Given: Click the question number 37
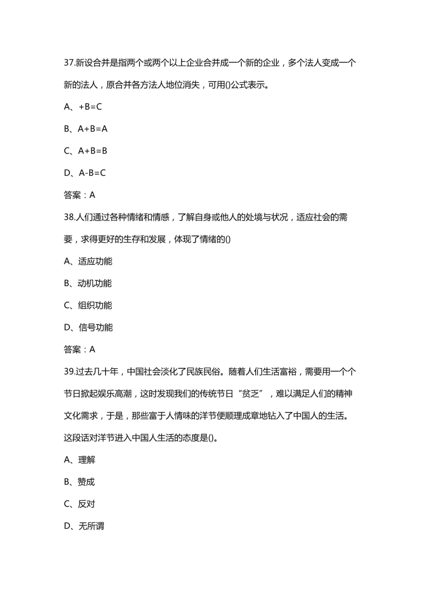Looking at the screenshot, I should click(69, 63).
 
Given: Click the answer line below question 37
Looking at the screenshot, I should click(80, 195).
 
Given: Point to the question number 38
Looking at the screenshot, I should click(69, 217).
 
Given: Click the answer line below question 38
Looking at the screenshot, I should click(80, 350).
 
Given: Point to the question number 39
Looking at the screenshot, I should click(69, 372).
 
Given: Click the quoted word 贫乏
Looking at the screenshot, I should click(250, 394).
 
